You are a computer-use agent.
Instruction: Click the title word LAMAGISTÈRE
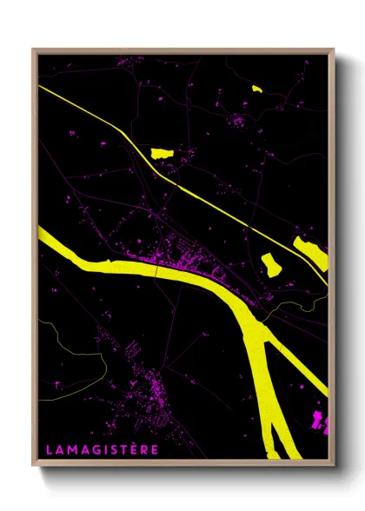103,449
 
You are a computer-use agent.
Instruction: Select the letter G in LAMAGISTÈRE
96,449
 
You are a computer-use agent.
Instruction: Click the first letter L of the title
49,449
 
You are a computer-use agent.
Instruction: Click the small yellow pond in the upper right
256,88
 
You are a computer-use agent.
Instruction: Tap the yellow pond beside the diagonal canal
163,154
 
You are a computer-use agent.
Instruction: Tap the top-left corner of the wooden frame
34,50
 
